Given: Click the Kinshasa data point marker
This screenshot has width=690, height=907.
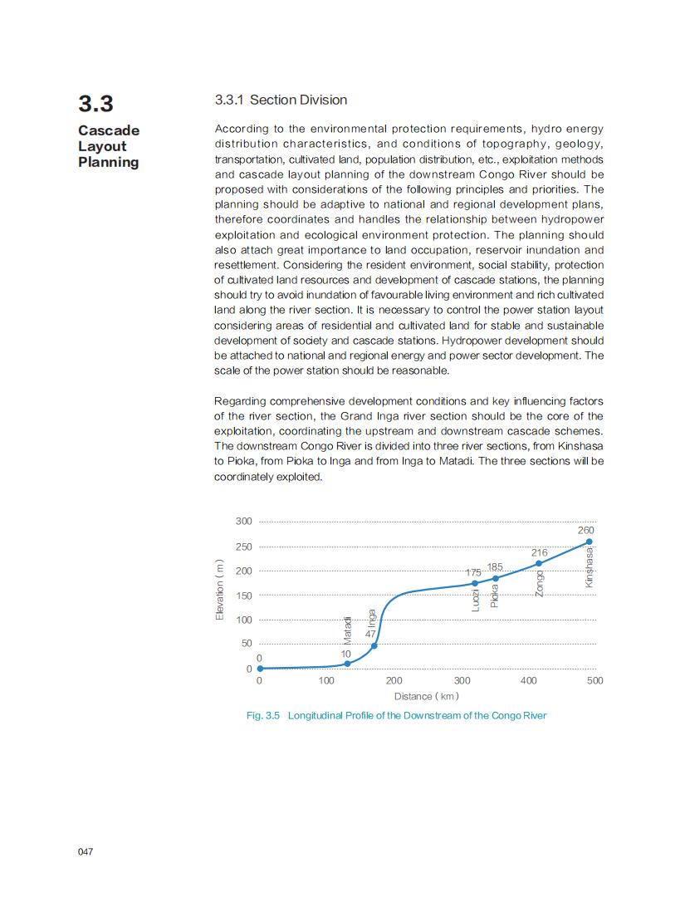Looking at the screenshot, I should click(x=590, y=542).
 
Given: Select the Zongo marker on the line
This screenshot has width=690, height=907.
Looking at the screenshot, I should click(x=539, y=564).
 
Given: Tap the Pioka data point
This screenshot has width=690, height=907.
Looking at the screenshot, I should click(x=496, y=578).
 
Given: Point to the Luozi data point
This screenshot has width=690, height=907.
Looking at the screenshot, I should click(x=475, y=583).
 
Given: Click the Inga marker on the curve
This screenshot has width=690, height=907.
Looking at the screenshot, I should click(x=374, y=645).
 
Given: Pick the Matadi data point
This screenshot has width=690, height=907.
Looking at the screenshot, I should click(x=347, y=664).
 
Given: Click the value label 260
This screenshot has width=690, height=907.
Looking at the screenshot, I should click(x=585, y=530).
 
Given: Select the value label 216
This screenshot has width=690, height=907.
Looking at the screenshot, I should click(x=539, y=552).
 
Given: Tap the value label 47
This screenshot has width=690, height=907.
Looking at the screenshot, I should click(x=371, y=634).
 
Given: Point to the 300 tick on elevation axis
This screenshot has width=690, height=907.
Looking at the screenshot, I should click(x=243, y=522).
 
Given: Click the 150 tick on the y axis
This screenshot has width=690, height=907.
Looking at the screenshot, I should click(x=243, y=596).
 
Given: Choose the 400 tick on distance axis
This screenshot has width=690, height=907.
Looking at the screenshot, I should click(x=528, y=680).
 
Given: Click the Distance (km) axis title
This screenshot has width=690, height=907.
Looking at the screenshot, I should click(x=426, y=696).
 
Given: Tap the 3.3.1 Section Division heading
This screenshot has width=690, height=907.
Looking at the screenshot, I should click(x=281, y=101).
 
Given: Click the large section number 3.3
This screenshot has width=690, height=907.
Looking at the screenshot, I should click(x=95, y=104).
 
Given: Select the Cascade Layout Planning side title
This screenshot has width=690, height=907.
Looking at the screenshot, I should click(x=109, y=146).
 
